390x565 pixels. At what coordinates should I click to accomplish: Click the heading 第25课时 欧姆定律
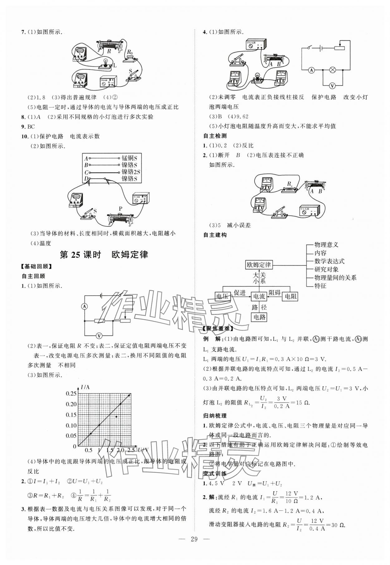[x=104, y=255]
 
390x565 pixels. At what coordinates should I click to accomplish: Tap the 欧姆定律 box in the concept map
[x=259, y=265]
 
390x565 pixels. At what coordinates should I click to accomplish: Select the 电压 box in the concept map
[x=223, y=296]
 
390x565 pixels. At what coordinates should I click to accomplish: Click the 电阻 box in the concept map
[x=290, y=296]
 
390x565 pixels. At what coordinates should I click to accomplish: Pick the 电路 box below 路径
[x=259, y=317]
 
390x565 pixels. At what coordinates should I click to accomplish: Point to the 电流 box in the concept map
[x=259, y=296]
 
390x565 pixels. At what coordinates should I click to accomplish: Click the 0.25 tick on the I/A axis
[x=71, y=394]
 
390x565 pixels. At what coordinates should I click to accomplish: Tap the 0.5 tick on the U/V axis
[x=89, y=450]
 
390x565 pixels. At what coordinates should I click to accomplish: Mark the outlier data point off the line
[x=116, y=416]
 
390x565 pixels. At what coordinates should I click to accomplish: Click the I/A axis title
[x=85, y=387]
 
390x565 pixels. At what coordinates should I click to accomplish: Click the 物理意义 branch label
[x=326, y=245]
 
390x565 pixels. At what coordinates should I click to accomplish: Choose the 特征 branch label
[x=320, y=286]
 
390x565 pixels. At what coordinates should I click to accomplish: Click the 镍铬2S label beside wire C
[x=131, y=172]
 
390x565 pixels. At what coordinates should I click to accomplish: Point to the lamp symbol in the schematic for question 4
[x=333, y=70]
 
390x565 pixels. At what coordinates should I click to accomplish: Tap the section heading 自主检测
[x=215, y=136]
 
